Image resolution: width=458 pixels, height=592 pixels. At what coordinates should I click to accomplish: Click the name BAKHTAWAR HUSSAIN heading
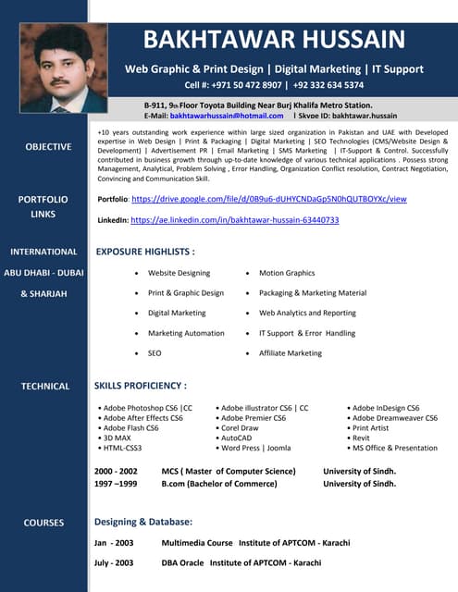(x=274, y=40)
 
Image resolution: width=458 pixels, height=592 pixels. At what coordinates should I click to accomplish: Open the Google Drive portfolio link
(x=269, y=199)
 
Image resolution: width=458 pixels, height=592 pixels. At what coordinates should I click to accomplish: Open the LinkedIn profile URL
(x=235, y=220)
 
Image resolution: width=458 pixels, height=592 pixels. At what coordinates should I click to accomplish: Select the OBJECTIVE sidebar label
(x=48, y=147)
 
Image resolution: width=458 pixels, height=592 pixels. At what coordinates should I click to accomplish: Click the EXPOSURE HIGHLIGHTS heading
(x=145, y=252)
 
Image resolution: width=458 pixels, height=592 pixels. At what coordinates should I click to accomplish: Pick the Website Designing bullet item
(x=179, y=273)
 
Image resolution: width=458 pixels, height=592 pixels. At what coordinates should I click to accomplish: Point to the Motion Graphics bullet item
(x=287, y=273)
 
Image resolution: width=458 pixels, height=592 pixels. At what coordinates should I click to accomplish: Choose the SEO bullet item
(x=155, y=353)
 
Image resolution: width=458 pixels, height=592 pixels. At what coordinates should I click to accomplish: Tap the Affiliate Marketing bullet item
(x=291, y=353)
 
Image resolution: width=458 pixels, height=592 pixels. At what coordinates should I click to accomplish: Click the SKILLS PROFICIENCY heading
(x=141, y=386)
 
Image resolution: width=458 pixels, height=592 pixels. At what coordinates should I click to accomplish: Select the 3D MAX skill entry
(x=118, y=438)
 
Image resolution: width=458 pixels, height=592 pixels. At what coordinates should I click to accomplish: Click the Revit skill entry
(x=361, y=438)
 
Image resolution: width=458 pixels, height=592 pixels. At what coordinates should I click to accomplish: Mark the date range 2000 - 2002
(x=116, y=471)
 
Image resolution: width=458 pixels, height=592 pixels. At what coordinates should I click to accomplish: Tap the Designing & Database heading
(x=143, y=523)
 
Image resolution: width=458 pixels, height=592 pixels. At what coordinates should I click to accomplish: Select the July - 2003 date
(x=114, y=562)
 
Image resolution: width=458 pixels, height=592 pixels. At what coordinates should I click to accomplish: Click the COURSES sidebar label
(x=43, y=523)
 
